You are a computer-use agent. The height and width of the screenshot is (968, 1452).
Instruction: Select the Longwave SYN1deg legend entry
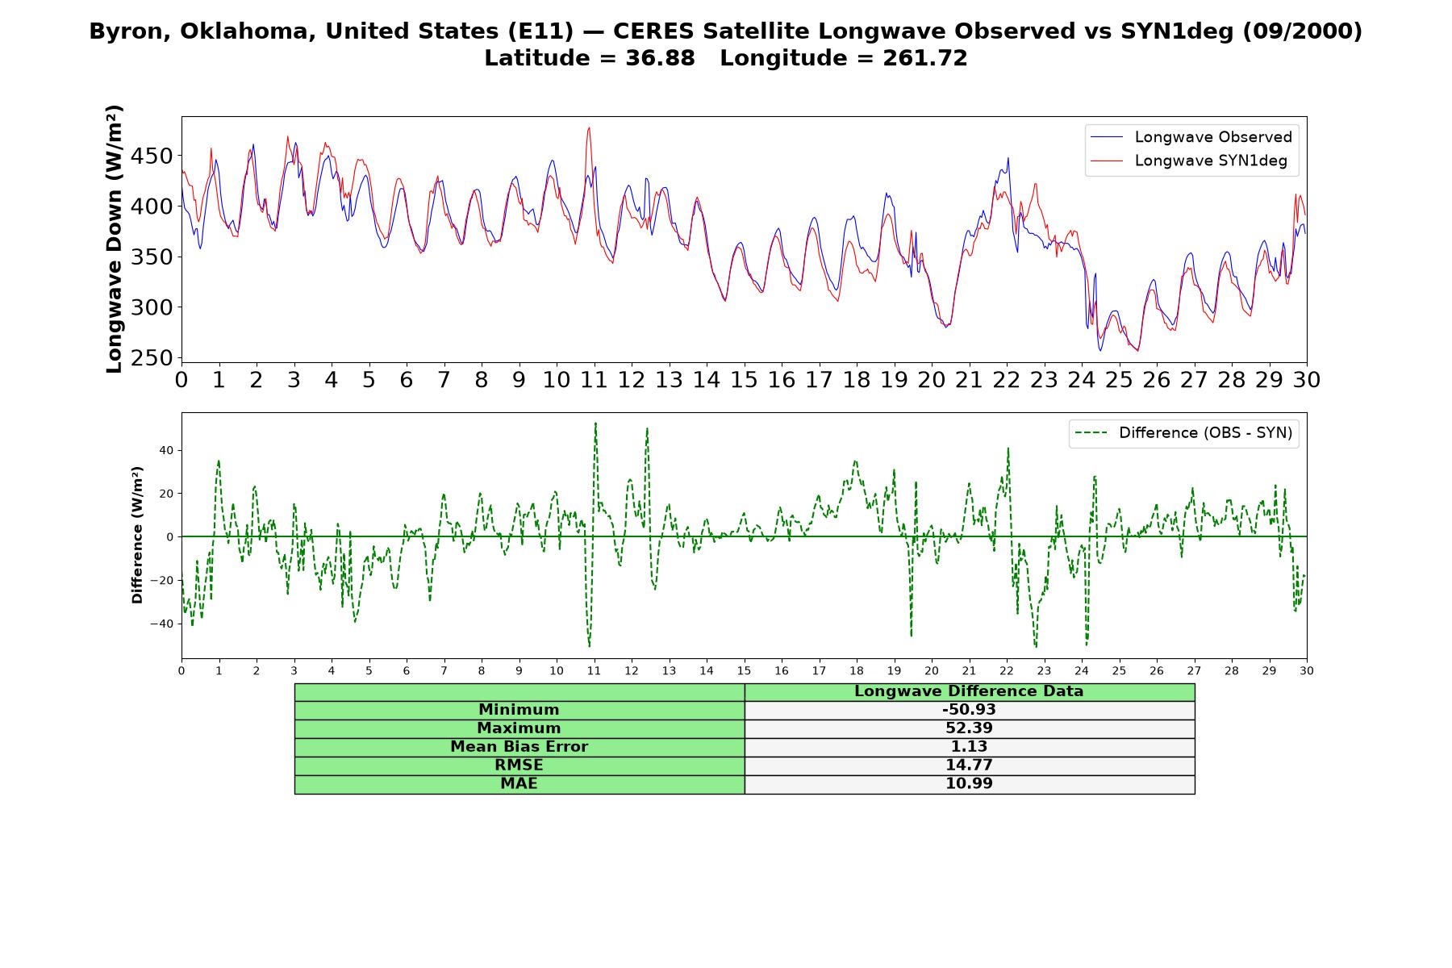pos(1189,161)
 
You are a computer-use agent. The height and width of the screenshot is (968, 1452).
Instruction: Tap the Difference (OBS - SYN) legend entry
pos(1184,433)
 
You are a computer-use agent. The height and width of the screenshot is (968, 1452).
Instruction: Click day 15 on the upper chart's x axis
pos(744,380)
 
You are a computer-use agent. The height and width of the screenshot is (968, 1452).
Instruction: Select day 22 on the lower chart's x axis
pos(1006,670)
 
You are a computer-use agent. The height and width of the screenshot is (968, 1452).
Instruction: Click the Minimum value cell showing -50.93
pos(969,710)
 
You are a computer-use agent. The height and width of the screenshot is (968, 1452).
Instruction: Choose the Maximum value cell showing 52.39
pos(969,728)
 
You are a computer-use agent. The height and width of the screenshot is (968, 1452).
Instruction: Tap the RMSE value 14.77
pos(969,765)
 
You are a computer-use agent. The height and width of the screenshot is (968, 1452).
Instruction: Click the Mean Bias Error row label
pos(519,747)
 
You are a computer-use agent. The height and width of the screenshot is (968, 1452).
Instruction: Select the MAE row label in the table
pos(519,783)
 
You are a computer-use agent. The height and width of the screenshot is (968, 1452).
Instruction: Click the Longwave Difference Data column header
pos(969,691)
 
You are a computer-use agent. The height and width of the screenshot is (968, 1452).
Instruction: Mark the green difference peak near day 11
pos(595,423)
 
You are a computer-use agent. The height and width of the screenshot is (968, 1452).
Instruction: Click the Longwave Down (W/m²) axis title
pos(115,239)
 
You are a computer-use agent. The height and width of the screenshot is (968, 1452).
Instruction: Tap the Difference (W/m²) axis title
pos(137,535)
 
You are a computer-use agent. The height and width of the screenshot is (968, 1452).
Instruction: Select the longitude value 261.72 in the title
pos(924,58)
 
